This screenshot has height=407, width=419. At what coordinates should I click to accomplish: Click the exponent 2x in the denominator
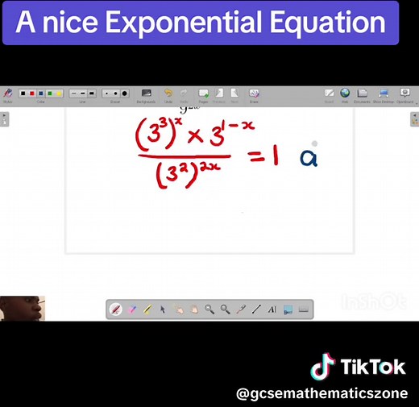209,168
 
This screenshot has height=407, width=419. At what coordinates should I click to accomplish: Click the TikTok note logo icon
322,368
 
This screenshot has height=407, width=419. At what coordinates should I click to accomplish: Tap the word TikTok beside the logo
372,368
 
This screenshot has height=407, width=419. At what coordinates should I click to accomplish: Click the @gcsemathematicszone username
322,393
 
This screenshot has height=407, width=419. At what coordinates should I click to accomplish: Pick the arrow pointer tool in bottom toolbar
163,309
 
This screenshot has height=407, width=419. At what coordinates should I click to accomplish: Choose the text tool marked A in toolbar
272,309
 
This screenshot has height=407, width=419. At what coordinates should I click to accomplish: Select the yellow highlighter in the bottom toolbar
147,309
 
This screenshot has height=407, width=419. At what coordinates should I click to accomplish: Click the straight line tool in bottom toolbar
256,309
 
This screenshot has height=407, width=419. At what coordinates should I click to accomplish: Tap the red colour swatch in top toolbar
32,93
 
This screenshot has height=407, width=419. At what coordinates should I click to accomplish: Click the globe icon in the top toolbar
345,93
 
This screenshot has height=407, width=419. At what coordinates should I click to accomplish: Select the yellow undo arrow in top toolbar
168,93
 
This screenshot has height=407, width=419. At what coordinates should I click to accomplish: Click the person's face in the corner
21,309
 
